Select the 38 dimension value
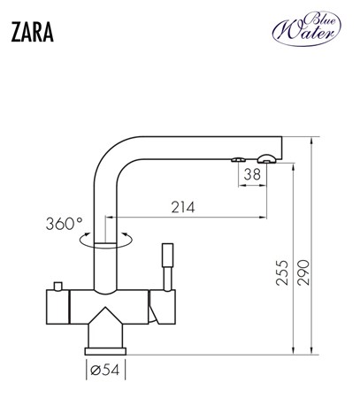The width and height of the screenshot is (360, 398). point(252,174)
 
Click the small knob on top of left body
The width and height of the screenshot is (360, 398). point(57,285)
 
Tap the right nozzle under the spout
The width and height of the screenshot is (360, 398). point(264,158)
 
